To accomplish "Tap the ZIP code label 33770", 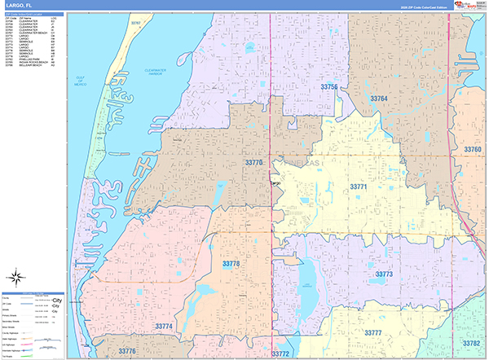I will [x=254, y=163].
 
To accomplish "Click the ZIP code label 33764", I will [x=379, y=99].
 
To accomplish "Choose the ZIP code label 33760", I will [x=471, y=150].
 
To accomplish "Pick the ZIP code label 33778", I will [x=231, y=263].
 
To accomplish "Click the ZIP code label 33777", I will [x=373, y=333].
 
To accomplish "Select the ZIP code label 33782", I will [x=471, y=343].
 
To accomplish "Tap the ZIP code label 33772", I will [x=280, y=353].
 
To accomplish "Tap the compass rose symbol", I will [x=17, y=274].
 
